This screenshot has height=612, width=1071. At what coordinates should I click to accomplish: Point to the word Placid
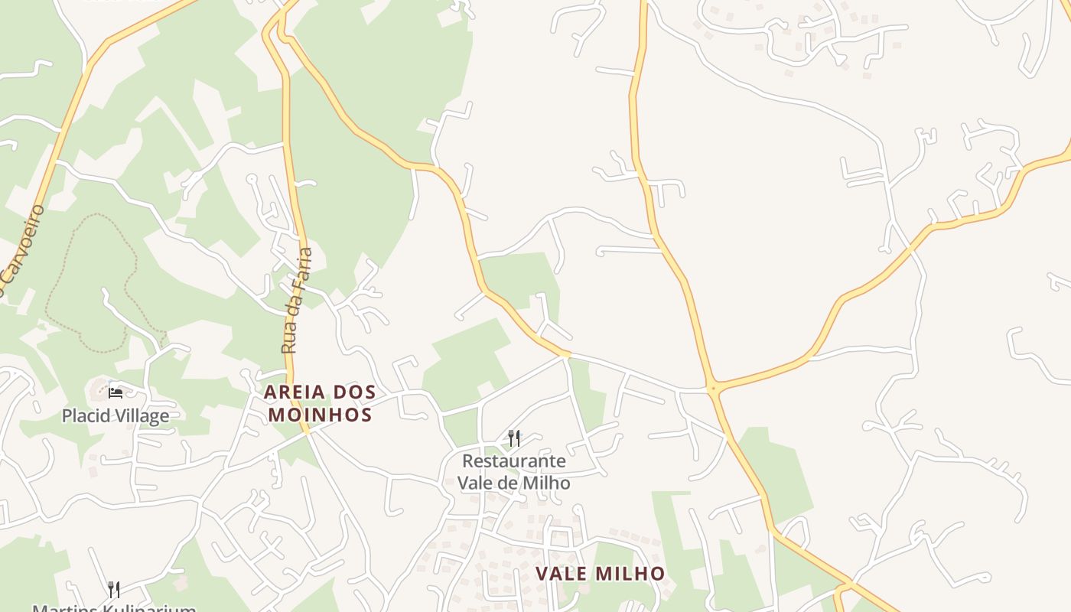tap(86, 416)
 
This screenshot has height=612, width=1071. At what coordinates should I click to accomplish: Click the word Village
tap(142, 416)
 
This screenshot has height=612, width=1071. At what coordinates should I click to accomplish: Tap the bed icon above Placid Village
tap(116, 393)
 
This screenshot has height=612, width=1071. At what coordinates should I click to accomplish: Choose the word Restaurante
tap(514, 461)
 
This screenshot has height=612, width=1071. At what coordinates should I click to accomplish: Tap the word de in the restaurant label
tap(509, 483)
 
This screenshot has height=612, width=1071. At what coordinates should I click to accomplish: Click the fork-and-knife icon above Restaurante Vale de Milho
tap(514, 438)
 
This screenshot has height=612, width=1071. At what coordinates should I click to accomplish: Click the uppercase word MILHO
tap(631, 574)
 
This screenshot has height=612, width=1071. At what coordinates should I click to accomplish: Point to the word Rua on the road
tap(289, 340)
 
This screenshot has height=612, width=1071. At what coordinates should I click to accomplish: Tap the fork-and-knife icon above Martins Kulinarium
tap(114, 589)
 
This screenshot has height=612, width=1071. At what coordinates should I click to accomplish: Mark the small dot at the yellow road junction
tap(713, 389)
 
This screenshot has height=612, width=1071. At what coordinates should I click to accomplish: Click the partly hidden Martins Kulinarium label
tap(114, 607)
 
